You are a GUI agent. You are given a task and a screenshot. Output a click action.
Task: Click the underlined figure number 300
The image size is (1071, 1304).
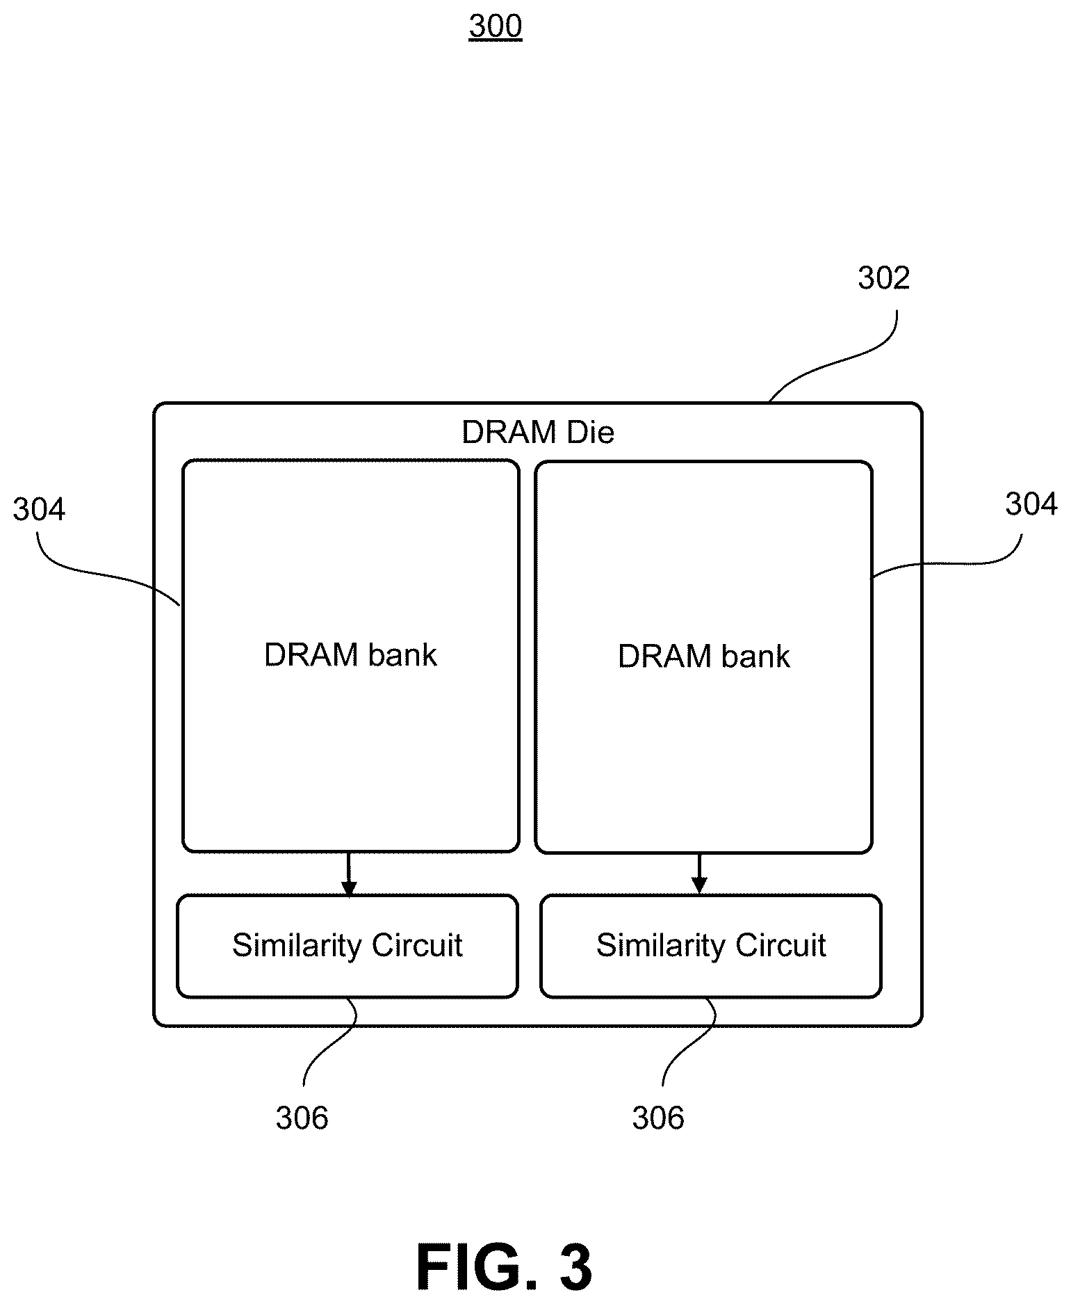click(495, 26)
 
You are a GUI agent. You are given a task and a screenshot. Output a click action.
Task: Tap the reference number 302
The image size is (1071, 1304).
click(883, 278)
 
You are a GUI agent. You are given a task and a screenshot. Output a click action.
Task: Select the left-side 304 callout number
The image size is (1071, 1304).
click(39, 510)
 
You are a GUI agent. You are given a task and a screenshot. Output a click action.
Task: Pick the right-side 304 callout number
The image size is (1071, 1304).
click(1031, 504)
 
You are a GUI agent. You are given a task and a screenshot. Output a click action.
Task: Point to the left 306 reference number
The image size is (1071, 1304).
click(302, 1118)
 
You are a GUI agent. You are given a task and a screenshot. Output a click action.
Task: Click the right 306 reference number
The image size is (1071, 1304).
click(658, 1118)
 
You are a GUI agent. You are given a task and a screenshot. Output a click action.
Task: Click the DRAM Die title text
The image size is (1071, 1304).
click(538, 433)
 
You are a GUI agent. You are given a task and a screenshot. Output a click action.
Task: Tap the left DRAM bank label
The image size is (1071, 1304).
click(350, 655)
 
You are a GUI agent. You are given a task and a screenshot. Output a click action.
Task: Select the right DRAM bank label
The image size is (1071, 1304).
click(704, 657)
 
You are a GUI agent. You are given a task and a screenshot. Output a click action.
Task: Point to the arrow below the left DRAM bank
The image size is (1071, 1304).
click(349, 874)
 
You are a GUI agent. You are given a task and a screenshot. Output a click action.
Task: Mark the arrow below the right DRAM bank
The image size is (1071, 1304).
click(699, 874)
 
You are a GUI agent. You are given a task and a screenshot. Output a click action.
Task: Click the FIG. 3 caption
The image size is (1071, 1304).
click(505, 1267)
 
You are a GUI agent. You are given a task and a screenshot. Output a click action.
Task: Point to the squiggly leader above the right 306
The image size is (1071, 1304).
click(689, 1041)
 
